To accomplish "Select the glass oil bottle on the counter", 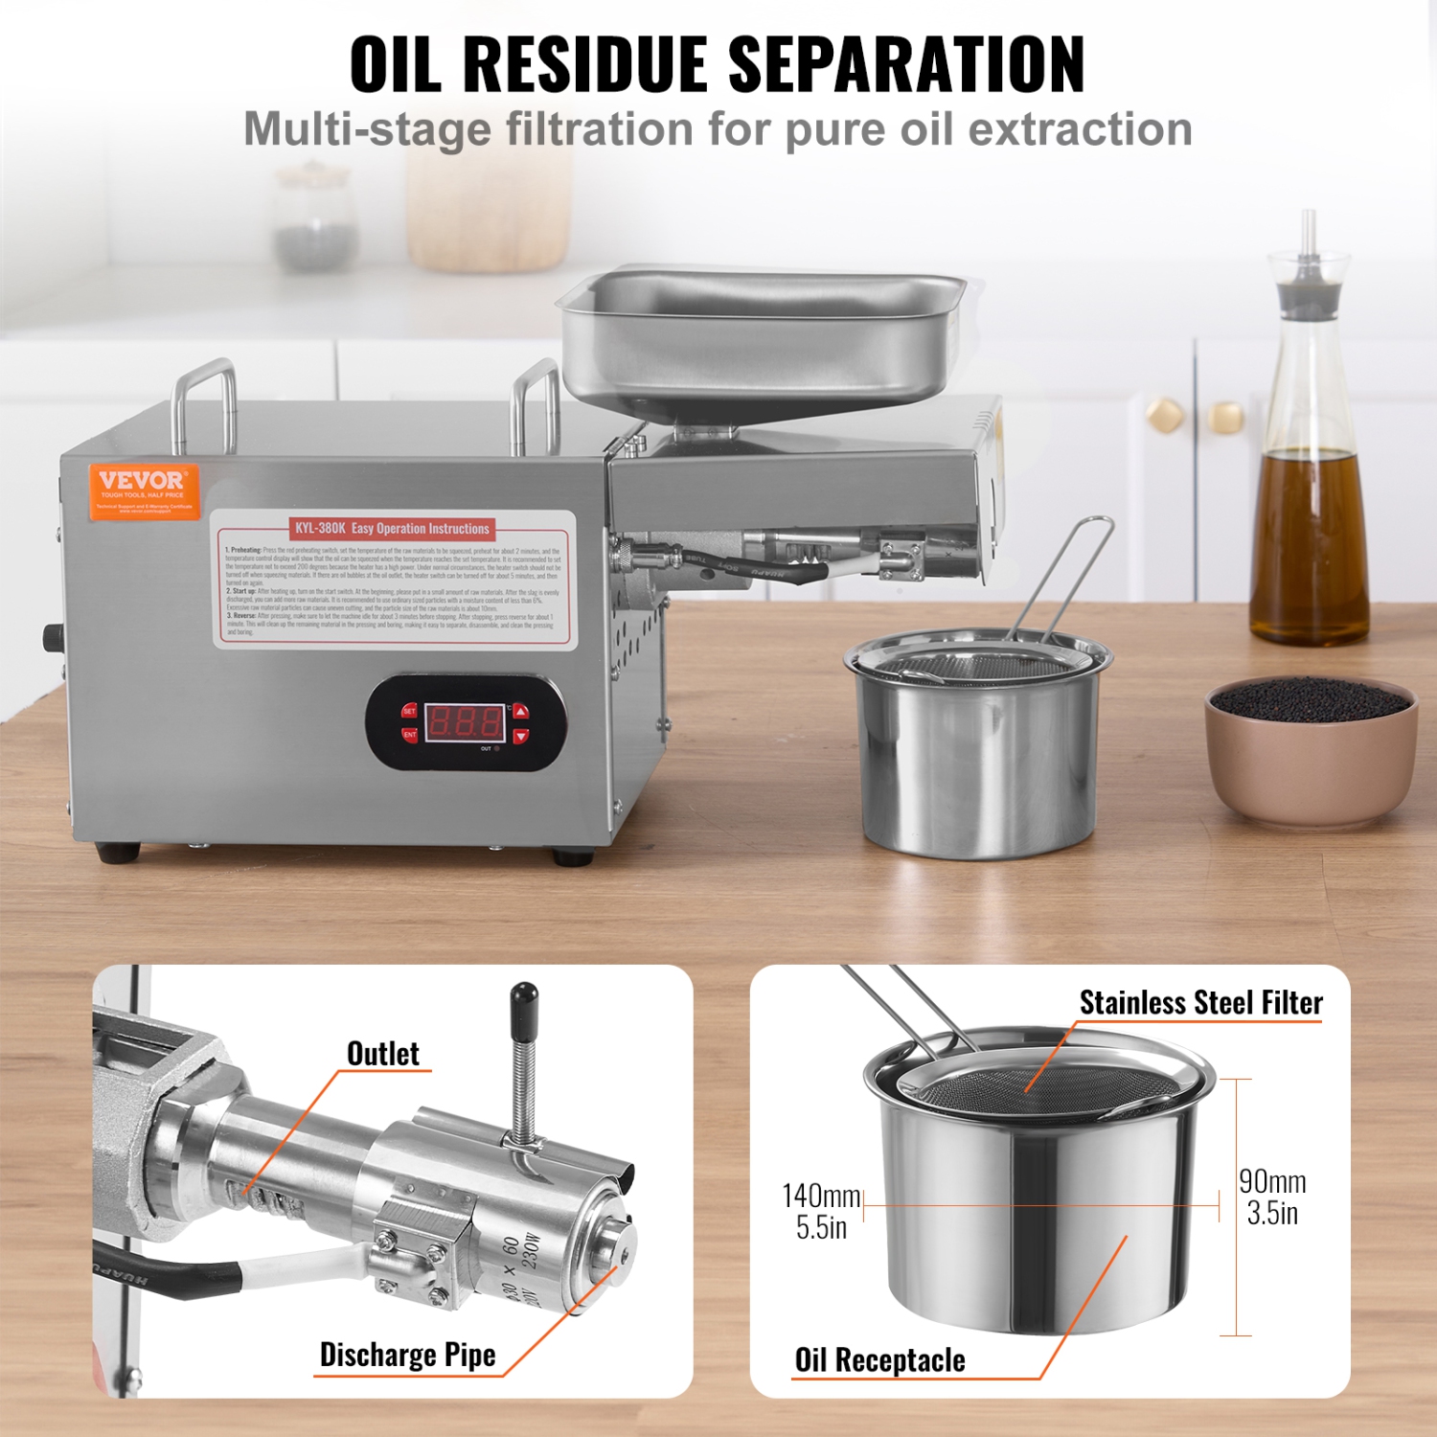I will (x=1310, y=460).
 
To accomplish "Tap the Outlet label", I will (x=382, y=1054).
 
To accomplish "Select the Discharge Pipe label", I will (x=407, y=1355).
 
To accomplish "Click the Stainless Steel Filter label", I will (x=1200, y=1003).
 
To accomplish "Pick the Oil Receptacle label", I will (x=879, y=1360).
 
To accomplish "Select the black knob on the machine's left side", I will (x=52, y=638).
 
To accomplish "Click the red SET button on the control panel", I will (x=409, y=711).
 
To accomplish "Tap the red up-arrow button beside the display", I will (x=520, y=711).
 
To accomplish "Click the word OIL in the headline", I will (x=395, y=65).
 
